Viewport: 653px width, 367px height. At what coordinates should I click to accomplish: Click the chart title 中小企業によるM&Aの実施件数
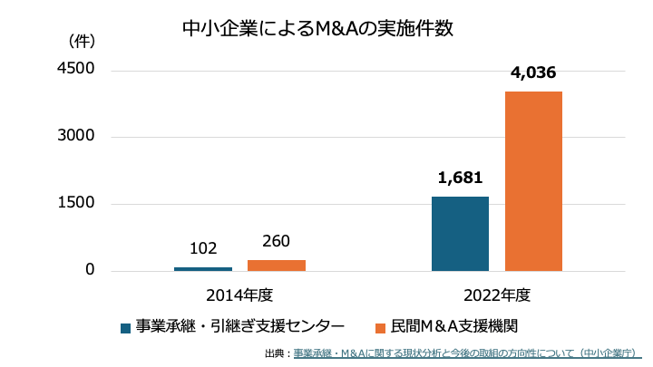click(x=317, y=28)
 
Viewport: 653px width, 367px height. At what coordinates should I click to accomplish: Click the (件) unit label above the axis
click(x=82, y=41)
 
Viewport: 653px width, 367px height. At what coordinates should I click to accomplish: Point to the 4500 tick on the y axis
click(x=77, y=70)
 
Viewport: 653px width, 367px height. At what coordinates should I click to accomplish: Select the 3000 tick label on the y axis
click(x=77, y=137)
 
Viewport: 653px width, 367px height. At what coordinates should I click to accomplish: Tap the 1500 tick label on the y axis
click(x=77, y=204)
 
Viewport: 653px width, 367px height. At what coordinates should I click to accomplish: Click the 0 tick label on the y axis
click(x=90, y=270)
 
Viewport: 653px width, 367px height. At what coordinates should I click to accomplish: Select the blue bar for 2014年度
click(x=203, y=268)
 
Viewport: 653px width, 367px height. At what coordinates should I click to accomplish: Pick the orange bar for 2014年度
click(x=277, y=265)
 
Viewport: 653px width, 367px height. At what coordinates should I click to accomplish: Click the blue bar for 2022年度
click(x=460, y=234)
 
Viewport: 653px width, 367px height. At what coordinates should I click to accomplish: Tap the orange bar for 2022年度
click(x=533, y=181)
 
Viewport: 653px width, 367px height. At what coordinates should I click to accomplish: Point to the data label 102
click(x=203, y=247)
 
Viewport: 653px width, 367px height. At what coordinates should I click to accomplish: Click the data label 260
click(x=277, y=241)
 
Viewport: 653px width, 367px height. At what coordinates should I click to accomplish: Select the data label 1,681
click(x=460, y=178)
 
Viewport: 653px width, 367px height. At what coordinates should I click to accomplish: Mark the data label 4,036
click(x=533, y=73)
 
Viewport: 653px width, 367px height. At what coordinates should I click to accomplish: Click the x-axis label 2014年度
click(x=239, y=295)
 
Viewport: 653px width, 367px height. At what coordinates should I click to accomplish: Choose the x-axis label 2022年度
click(x=496, y=295)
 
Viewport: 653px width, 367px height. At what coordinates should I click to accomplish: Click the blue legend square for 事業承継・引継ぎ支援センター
click(x=126, y=327)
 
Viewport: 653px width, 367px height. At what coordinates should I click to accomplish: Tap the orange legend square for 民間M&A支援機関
click(x=382, y=327)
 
